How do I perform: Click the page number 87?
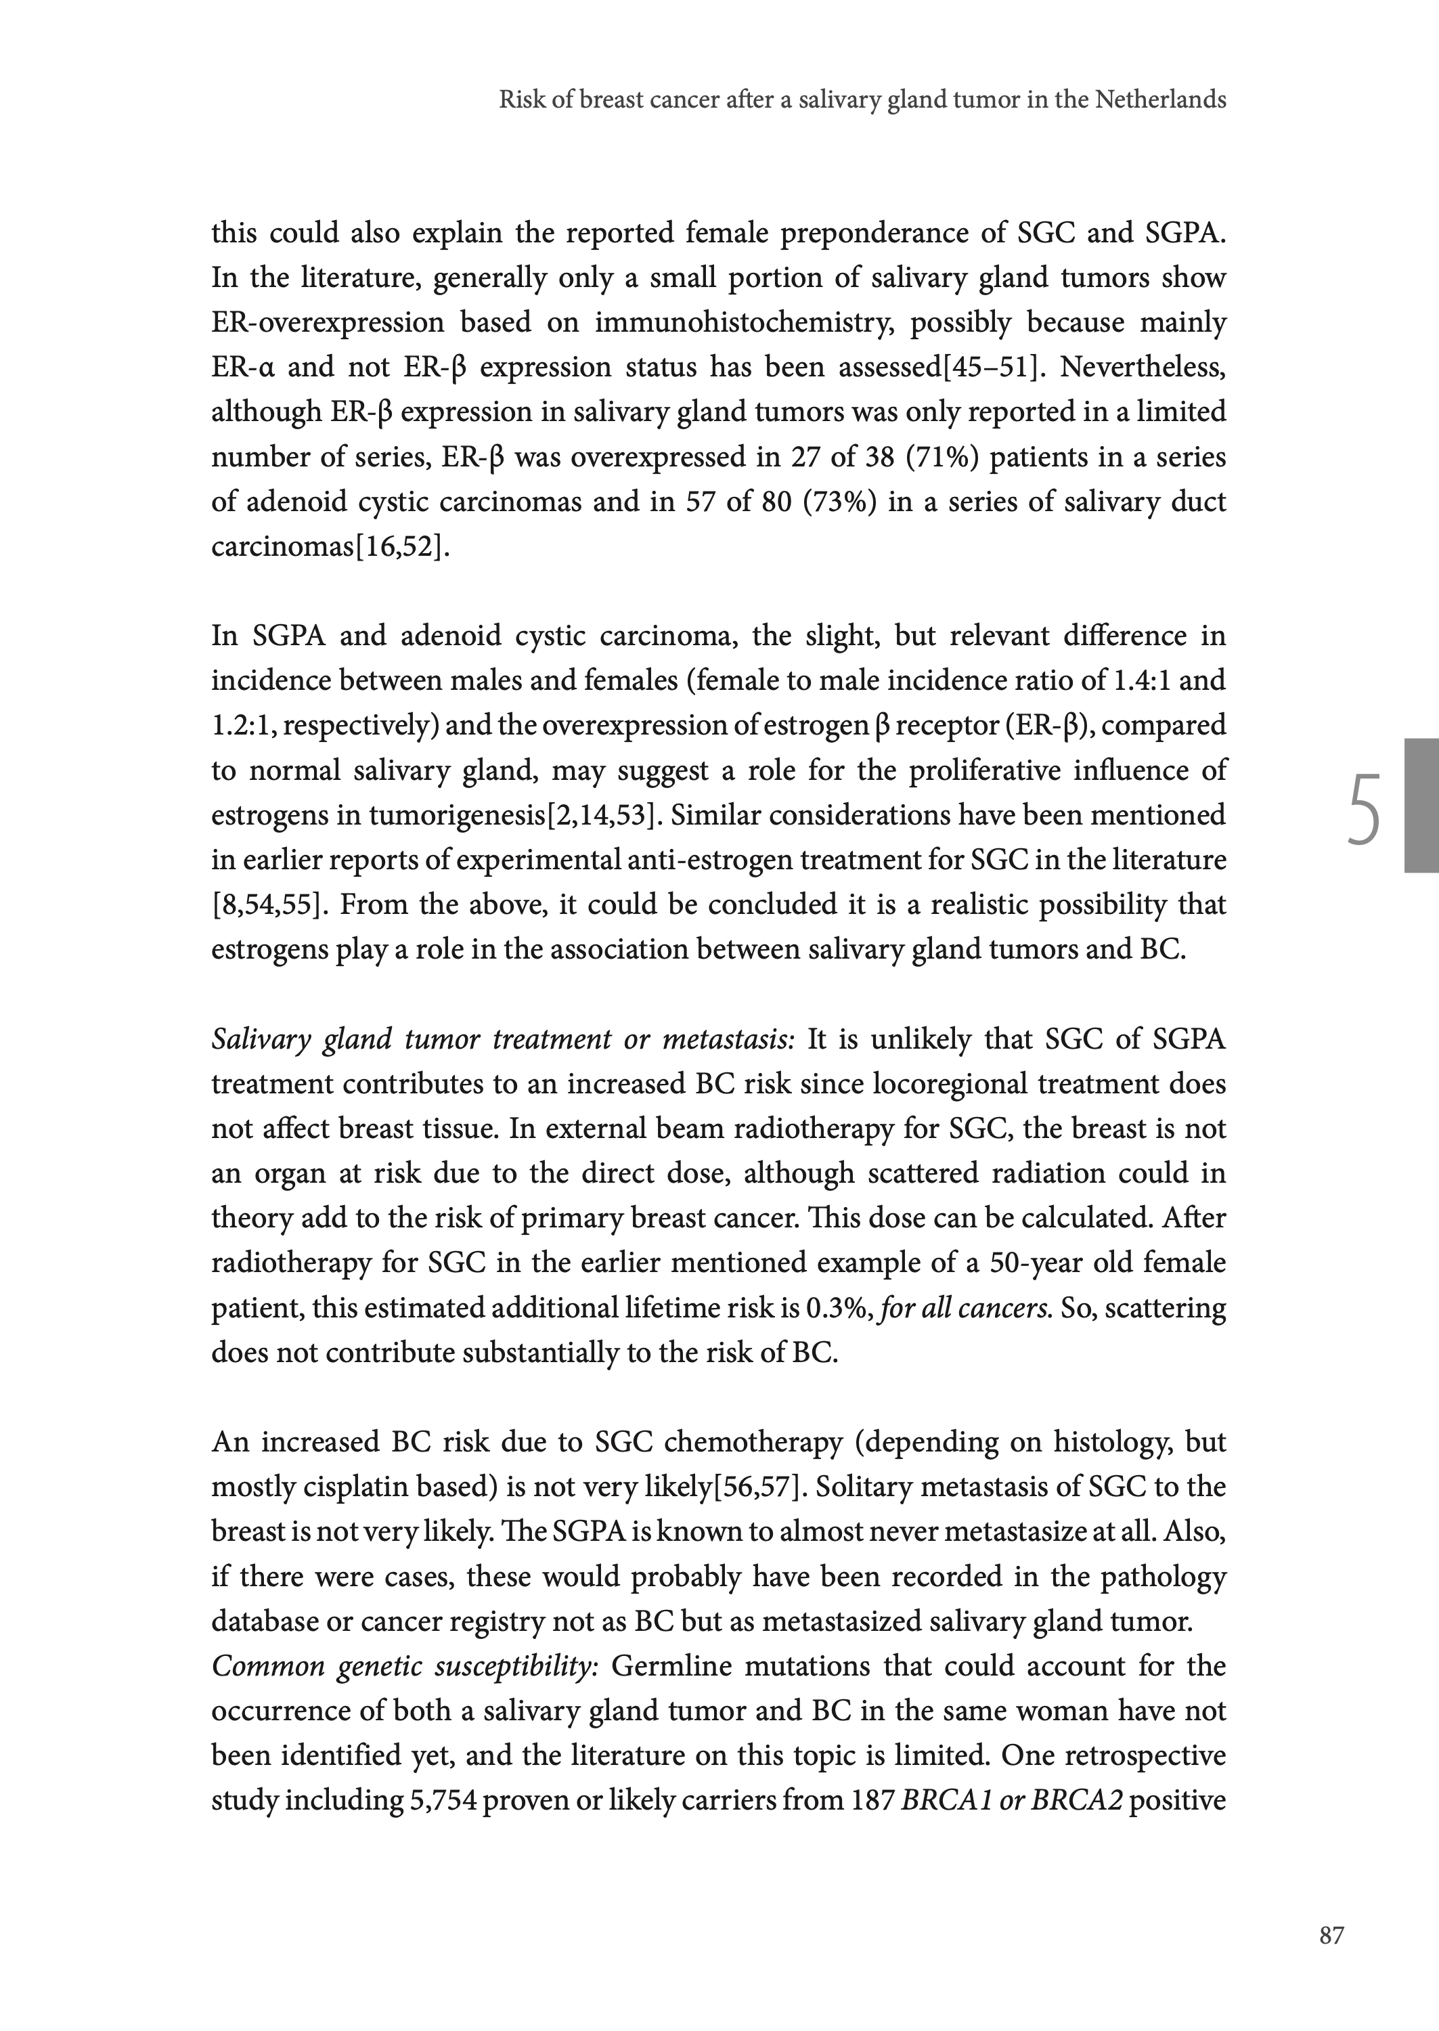pos(1331,1936)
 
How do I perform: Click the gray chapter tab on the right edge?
pos(1421,806)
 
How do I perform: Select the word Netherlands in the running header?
pos(1161,100)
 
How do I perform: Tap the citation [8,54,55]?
pos(266,904)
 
